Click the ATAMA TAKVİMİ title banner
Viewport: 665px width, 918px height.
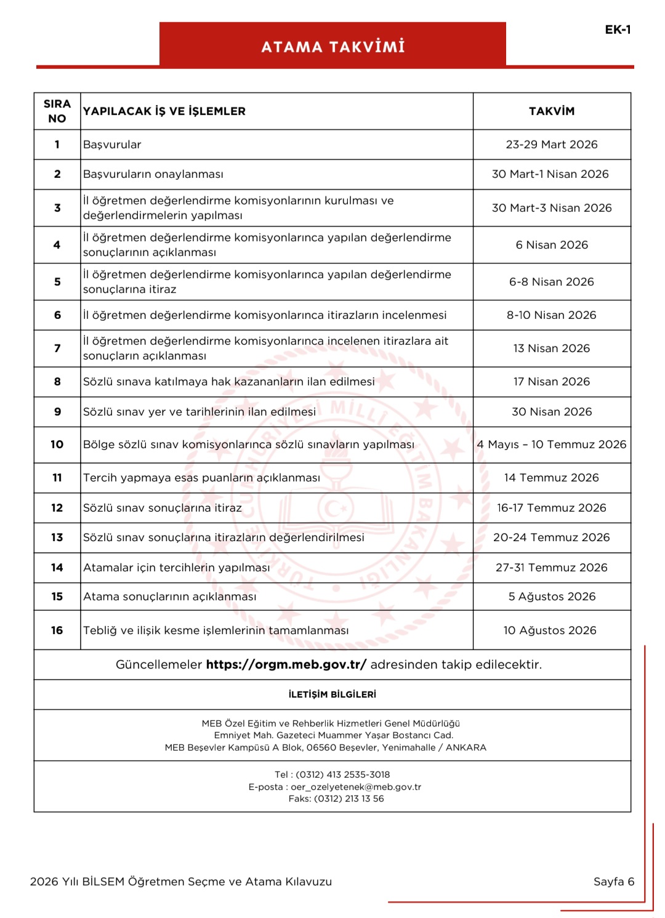[x=332, y=47]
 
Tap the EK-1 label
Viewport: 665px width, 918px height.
[x=618, y=30]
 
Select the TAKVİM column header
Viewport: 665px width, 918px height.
[x=552, y=111]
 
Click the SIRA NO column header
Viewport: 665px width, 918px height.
[x=57, y=111]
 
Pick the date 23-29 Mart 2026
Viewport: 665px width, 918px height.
[x=552, y=145]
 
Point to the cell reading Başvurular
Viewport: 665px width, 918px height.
[x=112, y=145]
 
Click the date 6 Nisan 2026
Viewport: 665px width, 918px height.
[x=552, y=245]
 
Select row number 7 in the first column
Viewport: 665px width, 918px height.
[x=57, y=348]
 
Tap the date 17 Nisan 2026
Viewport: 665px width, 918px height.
[x=552, y=382]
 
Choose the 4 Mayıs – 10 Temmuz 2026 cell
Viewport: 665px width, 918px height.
[x=552, y=445]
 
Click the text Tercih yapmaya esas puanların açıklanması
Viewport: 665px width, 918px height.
[x=201, y=478]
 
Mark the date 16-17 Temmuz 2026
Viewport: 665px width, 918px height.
[x=552, y=508]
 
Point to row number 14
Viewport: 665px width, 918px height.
[x=57, y=568]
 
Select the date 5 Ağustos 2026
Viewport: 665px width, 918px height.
[x=552, y=597]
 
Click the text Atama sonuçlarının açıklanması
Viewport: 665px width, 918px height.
[x=169, y=597]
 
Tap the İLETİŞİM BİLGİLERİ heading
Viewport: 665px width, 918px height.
[x=332, y=695]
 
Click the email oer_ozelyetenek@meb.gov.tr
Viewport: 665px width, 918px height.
[x=356, y=787]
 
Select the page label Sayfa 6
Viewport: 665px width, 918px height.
[x=613, y=882]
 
